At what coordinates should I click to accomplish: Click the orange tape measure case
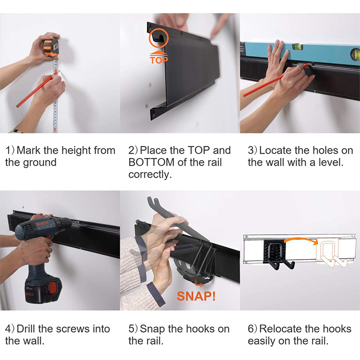pos(51,48)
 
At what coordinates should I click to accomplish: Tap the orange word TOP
pos(159,60)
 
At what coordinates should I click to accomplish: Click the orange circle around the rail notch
pos(159,38)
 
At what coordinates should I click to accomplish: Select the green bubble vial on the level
pos(297,48)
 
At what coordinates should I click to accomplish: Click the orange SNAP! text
pos(196,296)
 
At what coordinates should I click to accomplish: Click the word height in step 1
pos(76,151)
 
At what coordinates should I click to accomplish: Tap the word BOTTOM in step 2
pos(152,162)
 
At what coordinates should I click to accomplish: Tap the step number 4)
pos(10,329)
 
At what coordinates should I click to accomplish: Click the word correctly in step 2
pos(150,175)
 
